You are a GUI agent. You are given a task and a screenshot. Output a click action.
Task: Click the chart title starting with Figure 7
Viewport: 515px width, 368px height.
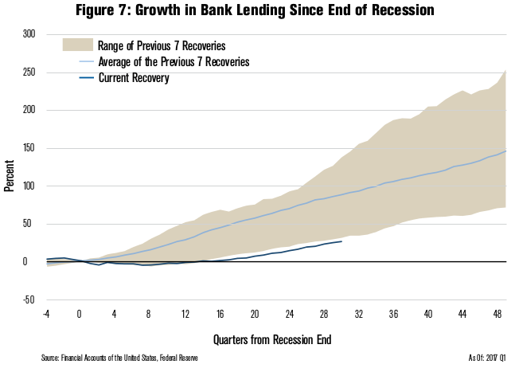pos(258,11)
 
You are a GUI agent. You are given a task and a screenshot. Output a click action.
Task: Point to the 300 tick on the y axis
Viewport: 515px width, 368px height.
pos(29,35)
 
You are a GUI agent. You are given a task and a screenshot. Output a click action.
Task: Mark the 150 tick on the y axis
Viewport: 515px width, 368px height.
pos(29,148)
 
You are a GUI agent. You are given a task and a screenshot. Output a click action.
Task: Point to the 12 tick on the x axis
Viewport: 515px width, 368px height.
pos(185,314)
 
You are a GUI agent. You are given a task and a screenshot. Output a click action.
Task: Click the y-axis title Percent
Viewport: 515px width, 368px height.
pos(9,167)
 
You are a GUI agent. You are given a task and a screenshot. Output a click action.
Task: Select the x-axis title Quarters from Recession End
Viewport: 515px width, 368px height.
pos(272,339)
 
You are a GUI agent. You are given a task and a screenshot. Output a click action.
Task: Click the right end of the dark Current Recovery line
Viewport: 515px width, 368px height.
pos(341,241)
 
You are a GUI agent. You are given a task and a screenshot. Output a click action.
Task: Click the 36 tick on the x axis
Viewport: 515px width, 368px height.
pos(394,314)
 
